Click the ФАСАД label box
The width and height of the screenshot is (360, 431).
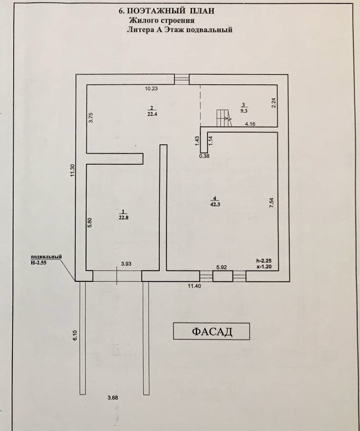click(x=211, y=331)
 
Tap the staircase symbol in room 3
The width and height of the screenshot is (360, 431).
click(x=222, y=118)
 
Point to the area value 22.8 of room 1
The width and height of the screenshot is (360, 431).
click(x=122, y=217)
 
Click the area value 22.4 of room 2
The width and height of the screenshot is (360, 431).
click(x=151, y=115)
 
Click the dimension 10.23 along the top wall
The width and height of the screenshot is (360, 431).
click(x=151, y=88)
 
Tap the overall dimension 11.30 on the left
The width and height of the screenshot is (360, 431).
click(x=73, y=170)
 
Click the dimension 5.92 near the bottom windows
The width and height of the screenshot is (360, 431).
click(x=222, y=267)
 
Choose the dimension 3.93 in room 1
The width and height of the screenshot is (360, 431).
click(x=126, y=264)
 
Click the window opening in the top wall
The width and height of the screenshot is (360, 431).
click(x=181, y=79)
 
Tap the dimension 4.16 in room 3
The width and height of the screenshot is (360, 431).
click(x=250, y=124)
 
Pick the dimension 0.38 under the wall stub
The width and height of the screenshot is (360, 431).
click(x=204, y=156)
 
